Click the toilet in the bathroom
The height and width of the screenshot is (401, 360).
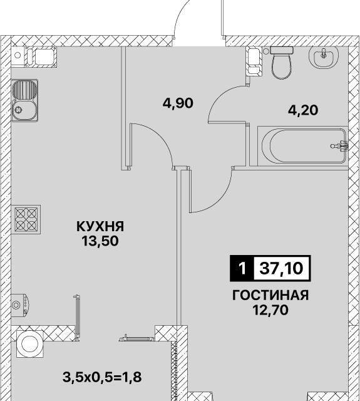[x=281, y=63]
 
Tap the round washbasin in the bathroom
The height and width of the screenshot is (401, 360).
[x=324, y=58]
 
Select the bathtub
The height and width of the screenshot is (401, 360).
[x=302, y=146]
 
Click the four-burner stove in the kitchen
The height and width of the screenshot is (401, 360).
[x=26, y=220]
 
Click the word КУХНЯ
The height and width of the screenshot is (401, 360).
[x=100, y=227]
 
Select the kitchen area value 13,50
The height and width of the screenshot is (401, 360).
[x=100, y=241]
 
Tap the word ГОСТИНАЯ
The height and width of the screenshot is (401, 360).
[x=270, y=295]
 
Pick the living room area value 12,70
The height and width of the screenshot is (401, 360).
[x=270, y=310]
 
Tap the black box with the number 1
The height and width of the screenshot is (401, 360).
[x=242, y=268]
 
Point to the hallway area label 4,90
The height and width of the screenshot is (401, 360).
[x=178, y=103]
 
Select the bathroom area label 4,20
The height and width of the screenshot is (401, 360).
[x=303, y=110]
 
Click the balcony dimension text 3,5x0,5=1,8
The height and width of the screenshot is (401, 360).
[x=102, y=377]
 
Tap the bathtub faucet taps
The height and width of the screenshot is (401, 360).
[x=340, y=146]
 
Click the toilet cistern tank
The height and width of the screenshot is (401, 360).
[x=282, y=50]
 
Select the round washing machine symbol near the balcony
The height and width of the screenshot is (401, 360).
[x=30, y=344]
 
